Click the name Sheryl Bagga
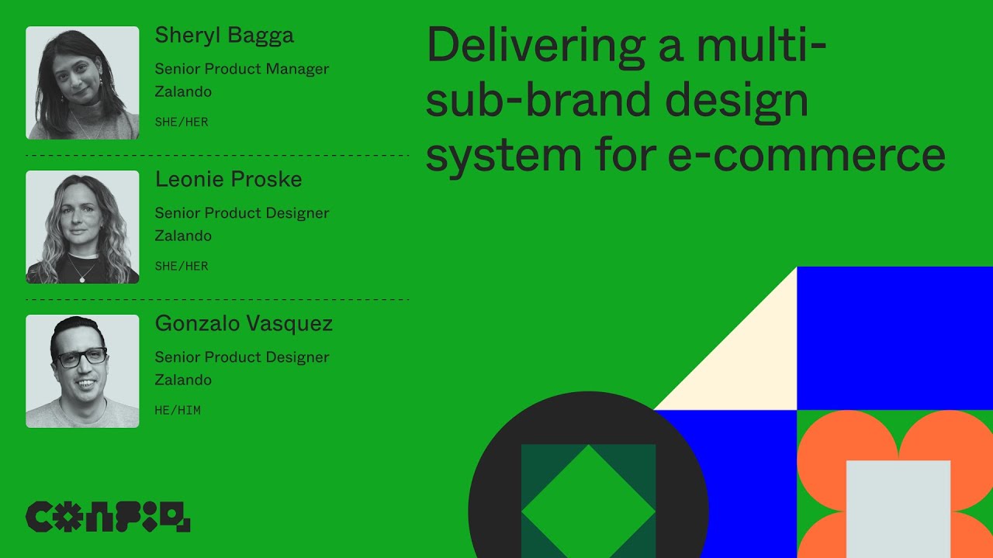[224, 36]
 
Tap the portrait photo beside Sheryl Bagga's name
[82, 83]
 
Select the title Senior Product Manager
[242, 69]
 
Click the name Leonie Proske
[228, 180]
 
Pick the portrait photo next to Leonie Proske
[82, 227]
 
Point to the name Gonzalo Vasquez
[244, 324]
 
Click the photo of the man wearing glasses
[82, 371]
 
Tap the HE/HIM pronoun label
[178, 410]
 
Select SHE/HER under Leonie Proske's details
[182, 266]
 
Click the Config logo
[108, 517]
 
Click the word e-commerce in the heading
[807, 153]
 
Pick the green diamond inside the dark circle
[588, 508]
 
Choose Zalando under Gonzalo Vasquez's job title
[183, 380]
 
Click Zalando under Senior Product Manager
[183, 91]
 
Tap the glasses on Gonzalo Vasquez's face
[81, 358]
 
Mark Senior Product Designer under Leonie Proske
[242, 213]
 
